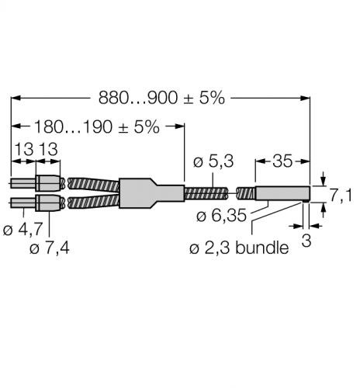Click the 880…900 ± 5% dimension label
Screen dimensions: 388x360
161,98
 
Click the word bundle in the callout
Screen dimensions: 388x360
261,248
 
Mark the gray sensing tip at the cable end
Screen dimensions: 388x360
283,194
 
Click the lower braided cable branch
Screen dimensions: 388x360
93,203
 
